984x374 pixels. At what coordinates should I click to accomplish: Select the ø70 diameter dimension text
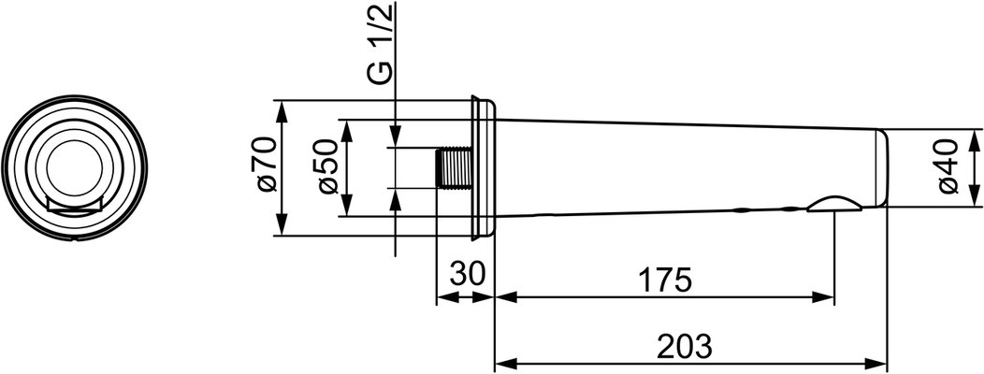click(x=266, y=165)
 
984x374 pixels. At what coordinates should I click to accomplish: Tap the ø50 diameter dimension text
click(x=329, y=167)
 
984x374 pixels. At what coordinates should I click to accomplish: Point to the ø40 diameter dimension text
click(x=948, y=167)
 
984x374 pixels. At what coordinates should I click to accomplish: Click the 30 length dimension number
click(x=468, y=274)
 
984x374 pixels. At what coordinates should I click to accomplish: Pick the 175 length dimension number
click(x=665, y=280)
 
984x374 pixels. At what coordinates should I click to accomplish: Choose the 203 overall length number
click(x=685, y=346)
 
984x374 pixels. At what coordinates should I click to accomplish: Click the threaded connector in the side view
click(x=453, y=168)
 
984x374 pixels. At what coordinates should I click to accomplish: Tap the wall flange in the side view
click(x=484, y=168)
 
